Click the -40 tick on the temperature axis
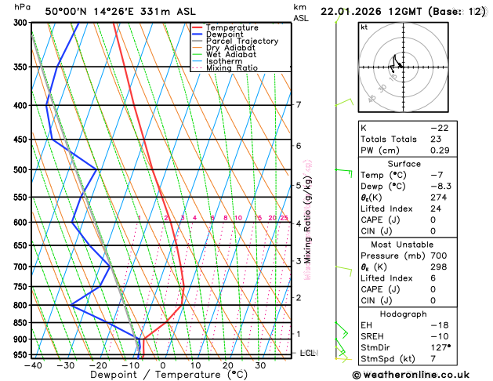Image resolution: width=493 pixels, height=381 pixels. pos(33,365)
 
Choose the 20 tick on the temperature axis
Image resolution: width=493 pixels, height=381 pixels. pos(227,365)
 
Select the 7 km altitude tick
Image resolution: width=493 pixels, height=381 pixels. pos(299,105)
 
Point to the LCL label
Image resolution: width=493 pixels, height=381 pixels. pos(307,353)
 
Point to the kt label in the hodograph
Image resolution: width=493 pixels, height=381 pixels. pos(364,27)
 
